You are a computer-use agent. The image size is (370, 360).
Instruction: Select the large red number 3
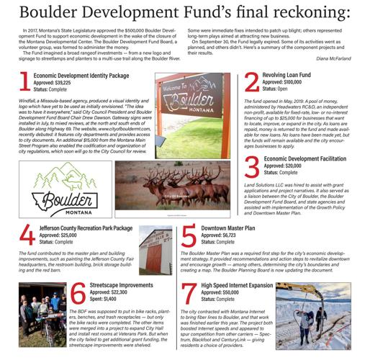coord(251,166)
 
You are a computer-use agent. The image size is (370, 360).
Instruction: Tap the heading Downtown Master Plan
coord(228,227)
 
